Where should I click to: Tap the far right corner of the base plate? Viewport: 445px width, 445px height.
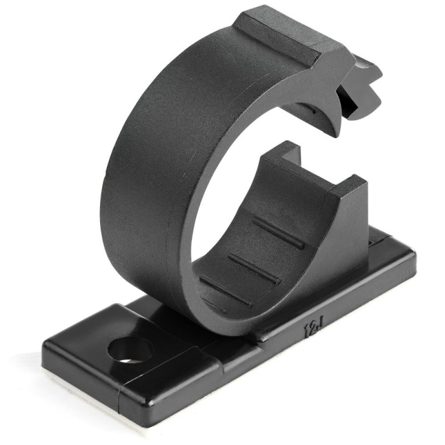pos(412,254)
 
